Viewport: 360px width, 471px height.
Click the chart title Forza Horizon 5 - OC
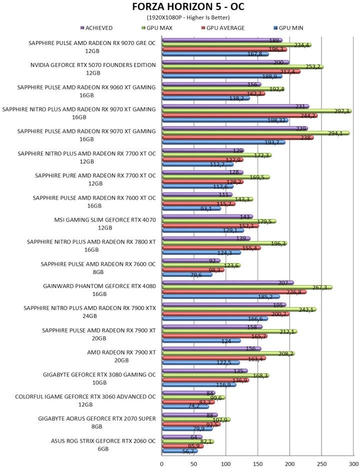point(188,6)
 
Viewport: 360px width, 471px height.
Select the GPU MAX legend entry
point(157,28)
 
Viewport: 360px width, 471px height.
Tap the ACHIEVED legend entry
point(96,28)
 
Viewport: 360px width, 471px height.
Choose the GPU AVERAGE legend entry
point(222,28)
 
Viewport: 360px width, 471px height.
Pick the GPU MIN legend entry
point(288,28)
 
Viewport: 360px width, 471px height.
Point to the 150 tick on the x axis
point(258,464)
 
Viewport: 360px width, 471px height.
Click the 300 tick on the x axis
point(353,464)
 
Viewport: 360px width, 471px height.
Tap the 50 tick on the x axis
point(194,464)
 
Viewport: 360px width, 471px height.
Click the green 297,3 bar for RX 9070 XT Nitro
point(257,111)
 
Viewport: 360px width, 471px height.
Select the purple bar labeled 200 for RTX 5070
point(225,62)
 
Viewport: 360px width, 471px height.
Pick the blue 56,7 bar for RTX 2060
point(180,451)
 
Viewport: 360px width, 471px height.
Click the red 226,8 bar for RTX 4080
point(234,292)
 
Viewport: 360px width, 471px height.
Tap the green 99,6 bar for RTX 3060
point(193,397)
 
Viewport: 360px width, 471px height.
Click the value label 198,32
point(276,120)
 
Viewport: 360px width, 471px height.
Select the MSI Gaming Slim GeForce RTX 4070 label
point(105,224)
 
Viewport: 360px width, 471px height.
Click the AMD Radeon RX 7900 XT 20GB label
point(121,356)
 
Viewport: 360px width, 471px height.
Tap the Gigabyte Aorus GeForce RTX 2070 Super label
point(97,422)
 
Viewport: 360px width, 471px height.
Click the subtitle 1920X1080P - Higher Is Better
point(188,17)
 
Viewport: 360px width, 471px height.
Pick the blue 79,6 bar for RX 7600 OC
point(187,274)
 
